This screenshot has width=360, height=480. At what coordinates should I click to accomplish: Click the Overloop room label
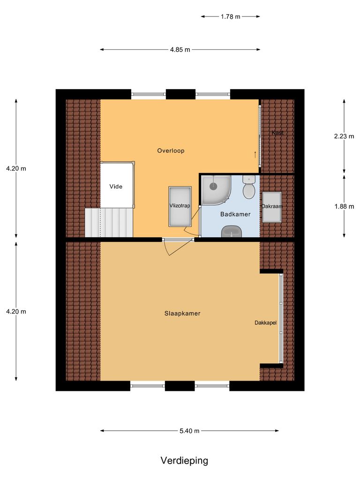[171, 151]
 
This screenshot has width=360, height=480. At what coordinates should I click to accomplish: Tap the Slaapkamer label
[182, 314]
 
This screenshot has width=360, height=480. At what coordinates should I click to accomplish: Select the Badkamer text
[235, 214]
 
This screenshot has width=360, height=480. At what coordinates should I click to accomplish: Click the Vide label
[116, 187]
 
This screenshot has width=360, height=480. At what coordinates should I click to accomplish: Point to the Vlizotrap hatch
[180, 206]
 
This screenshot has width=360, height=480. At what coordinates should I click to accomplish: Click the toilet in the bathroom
[248, 189]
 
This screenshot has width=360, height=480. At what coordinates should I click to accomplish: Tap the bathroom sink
[231, 231]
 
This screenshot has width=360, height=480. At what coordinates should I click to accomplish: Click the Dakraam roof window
[272, 206]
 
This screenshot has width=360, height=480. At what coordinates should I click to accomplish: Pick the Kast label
[277, 133]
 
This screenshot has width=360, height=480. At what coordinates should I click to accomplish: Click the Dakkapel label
[266, 323]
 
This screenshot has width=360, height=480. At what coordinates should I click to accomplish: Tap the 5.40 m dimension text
[190, 431]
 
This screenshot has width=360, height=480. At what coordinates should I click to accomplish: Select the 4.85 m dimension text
[180, 50]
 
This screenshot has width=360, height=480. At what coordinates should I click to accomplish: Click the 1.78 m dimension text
[230, 16]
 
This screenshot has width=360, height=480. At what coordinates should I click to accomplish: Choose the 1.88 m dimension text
[344, 206]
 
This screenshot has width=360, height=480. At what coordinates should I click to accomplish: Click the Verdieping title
[184, 460]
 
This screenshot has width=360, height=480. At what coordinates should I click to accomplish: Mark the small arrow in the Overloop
[255, 153]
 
